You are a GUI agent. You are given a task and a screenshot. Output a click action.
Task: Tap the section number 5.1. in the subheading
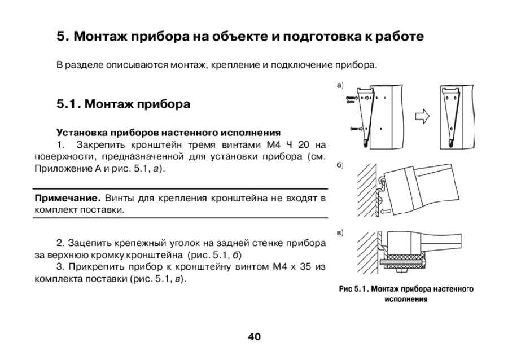(x=69, y=104)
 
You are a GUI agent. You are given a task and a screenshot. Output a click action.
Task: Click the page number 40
(x=254, y=337)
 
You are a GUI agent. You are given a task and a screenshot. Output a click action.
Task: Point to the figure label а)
(x=339, y=86)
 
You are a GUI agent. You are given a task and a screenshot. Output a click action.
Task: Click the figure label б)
(x=339, y=165)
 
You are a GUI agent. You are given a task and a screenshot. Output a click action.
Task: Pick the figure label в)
(x=339, y=232)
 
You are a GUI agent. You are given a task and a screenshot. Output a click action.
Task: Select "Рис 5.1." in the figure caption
(x=353, y=289)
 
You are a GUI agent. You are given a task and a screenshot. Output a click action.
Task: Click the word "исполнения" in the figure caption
(x=405, y=299)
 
